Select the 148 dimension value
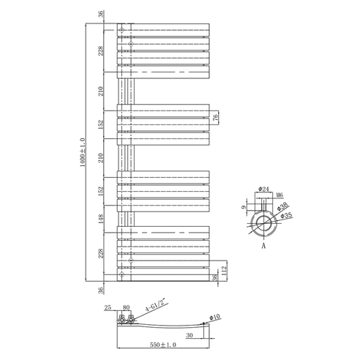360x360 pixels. [102, 217]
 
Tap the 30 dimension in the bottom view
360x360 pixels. [190, 335]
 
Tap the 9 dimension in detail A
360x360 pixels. [244, 207]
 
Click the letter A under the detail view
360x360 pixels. [263, 247]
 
